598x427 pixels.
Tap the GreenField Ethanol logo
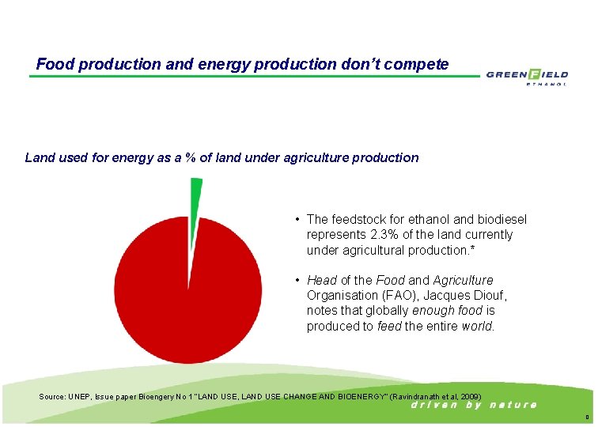[x=527, y=77]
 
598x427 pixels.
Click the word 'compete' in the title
[x=420, y=64]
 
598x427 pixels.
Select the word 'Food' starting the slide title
[x=53, y=64]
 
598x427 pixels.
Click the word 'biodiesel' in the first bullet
[x=500, y=219]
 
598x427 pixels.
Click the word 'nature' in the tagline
[x=513, y=405]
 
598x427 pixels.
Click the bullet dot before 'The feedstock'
[x=295, y=219]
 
